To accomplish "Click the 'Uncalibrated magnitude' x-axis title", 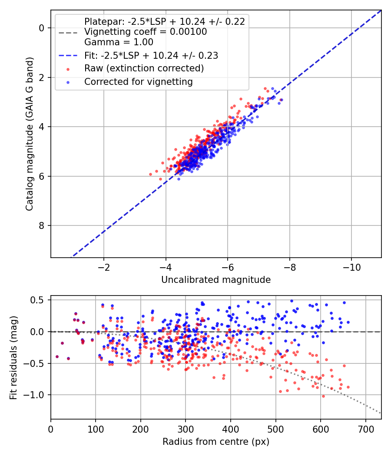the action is click(x=216, y=280).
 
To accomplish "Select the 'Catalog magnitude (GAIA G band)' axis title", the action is click(x=29, y=134).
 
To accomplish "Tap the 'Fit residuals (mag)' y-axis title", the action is click(x=13, y=357).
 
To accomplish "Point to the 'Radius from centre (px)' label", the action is click(x=216, y=442).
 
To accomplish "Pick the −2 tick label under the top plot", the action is click(x=104, y=268).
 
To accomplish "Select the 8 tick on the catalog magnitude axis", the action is click(x=41, y=225).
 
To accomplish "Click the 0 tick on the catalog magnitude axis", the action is click(x=41, y=28).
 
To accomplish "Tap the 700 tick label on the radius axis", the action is click(x=366, y=429).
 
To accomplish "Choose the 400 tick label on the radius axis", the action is click(x=231, y=429).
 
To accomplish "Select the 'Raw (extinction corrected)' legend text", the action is click(x=144, y=68).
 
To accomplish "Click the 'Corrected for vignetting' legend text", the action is click(x=139, y=82).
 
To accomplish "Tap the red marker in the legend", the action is click(x=68, y=69).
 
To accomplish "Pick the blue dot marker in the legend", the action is click(x=68, y=83).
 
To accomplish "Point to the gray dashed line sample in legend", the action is click(x=68, y=32).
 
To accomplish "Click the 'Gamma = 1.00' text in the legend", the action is click(x=119, y=42).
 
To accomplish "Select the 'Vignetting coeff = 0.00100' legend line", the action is click(x=146, y=32).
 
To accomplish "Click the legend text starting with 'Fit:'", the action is click(x=151, y=55).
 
